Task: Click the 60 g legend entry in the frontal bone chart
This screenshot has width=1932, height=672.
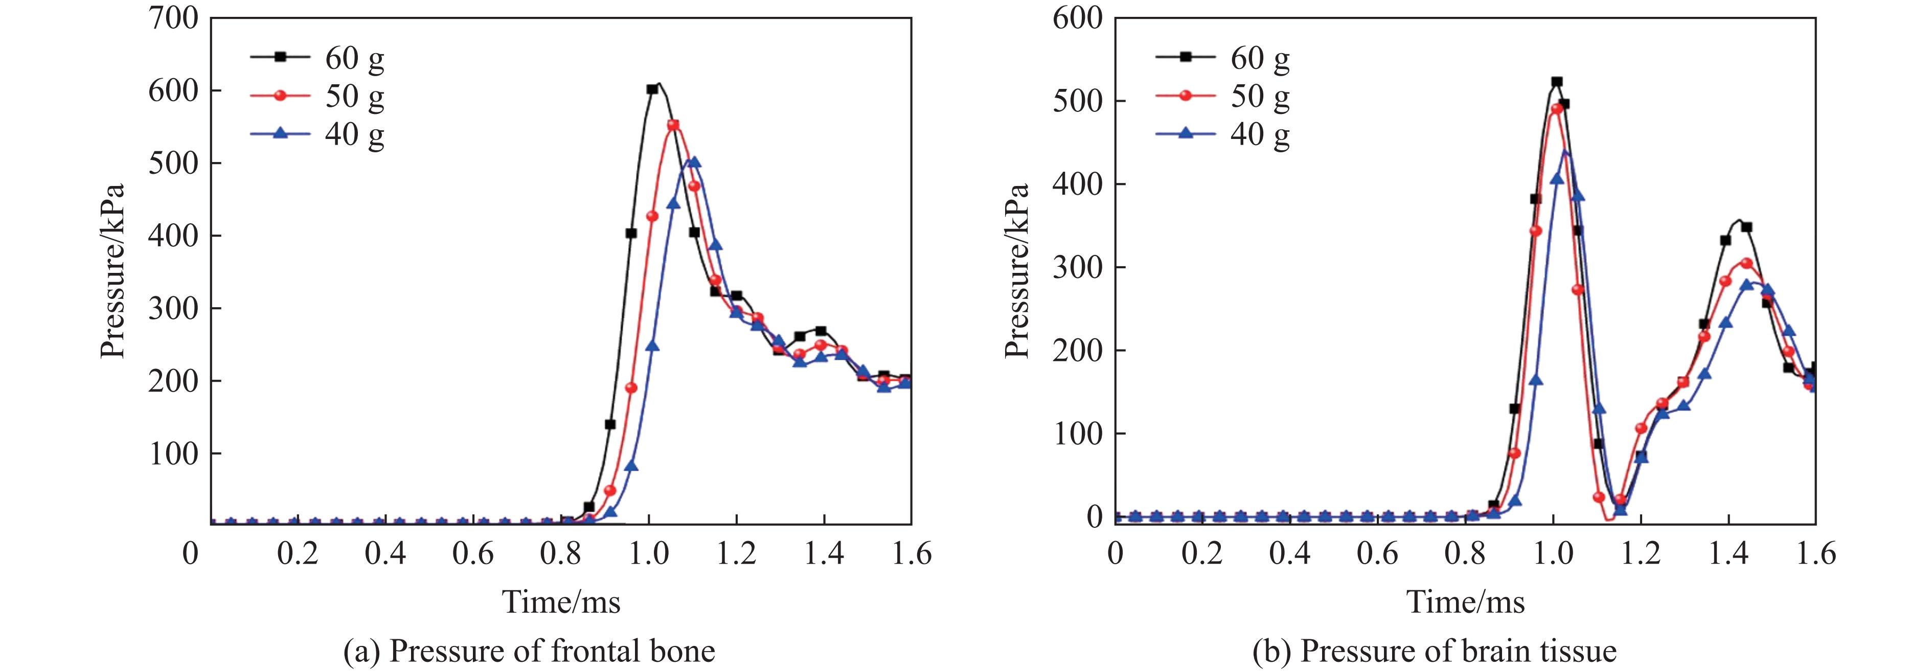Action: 354,57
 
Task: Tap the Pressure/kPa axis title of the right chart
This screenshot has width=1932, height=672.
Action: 1017,270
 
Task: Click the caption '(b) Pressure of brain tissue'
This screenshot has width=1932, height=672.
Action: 1434,650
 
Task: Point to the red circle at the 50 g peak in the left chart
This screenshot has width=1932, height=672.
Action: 673,125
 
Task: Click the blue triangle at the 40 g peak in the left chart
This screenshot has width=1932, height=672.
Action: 694,162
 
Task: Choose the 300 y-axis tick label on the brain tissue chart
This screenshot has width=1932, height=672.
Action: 1078,268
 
